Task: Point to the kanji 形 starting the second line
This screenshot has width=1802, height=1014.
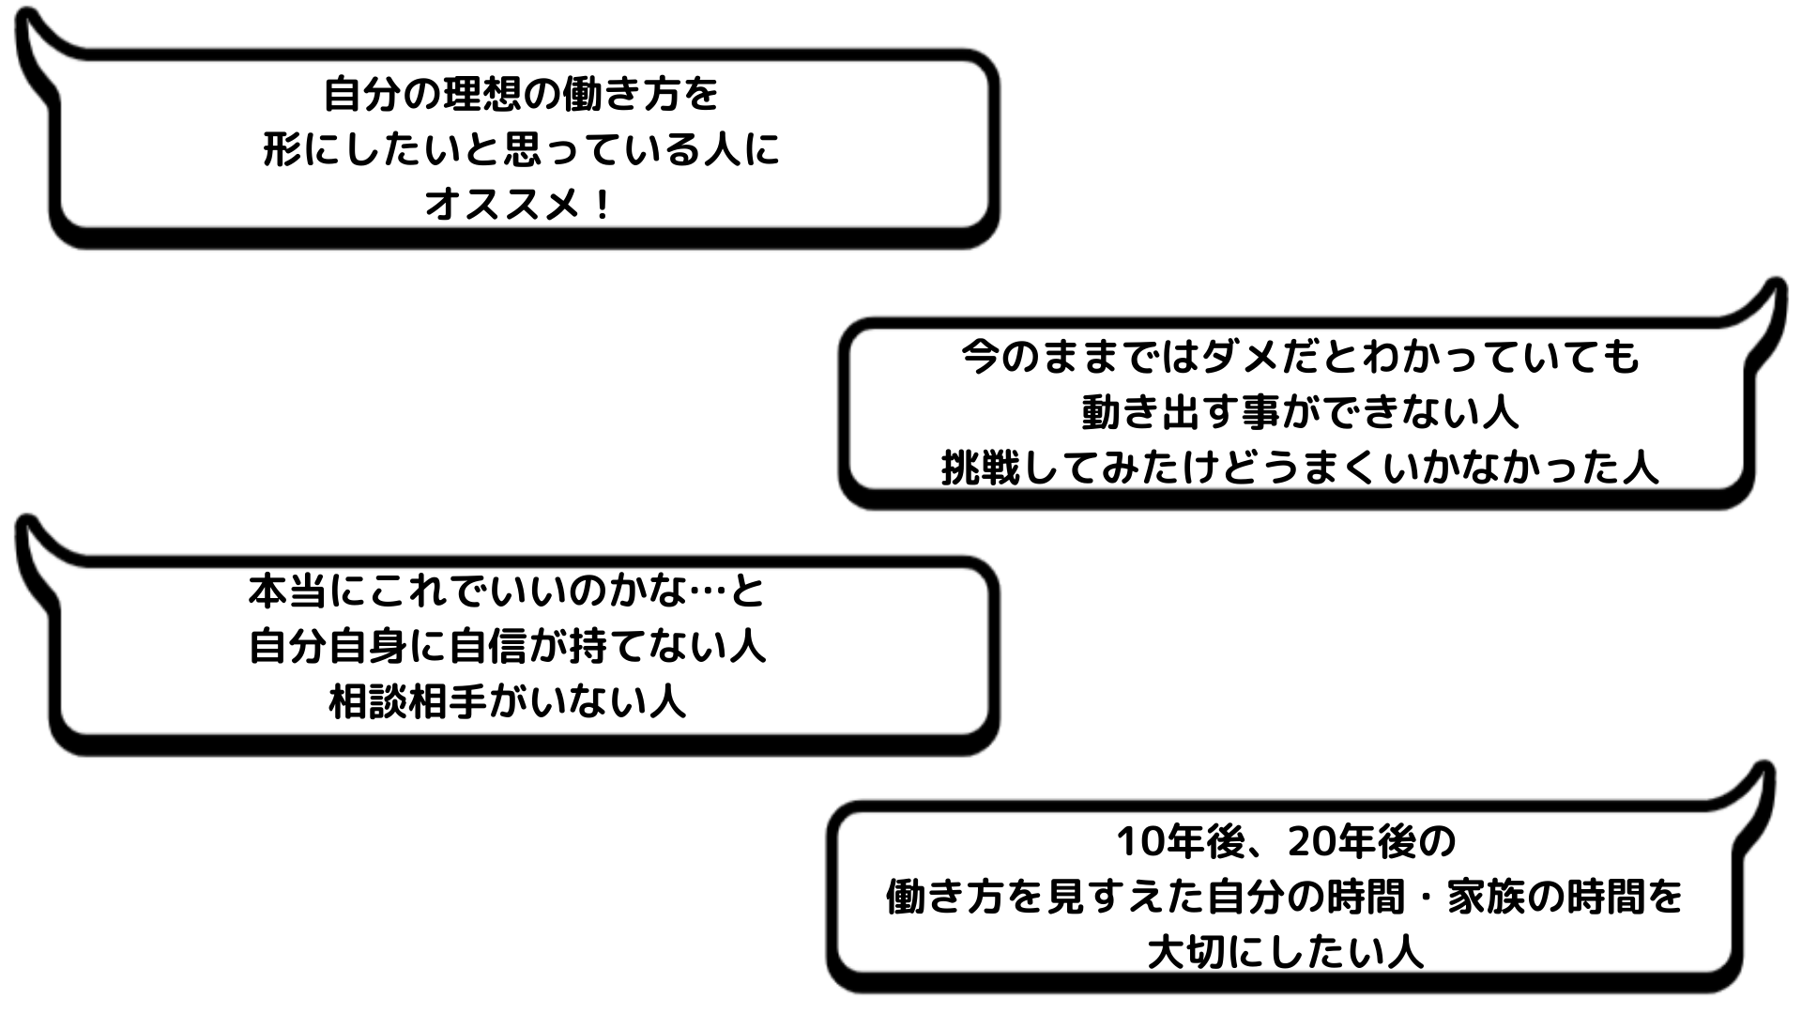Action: tap(282, 150)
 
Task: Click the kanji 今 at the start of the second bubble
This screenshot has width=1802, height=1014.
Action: tap(980, 358)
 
